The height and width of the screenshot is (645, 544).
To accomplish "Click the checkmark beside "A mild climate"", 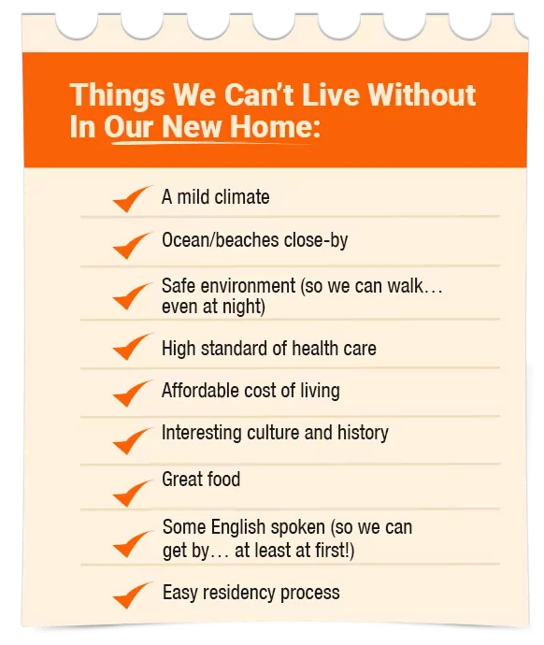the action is [x=130, y=200].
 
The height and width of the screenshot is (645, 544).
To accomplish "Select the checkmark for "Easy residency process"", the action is [x=130, y=596].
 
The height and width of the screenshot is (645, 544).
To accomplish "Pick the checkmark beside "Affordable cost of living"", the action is [x=130, y=394].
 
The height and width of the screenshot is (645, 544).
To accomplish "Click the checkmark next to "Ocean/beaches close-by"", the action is [x=130, y=247].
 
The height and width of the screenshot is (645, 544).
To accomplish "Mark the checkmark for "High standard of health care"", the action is [x=130, y=348].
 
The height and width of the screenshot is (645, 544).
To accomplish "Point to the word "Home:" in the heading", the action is [x=275, y=126].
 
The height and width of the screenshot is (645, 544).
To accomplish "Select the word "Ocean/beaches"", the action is [x=221, y=240].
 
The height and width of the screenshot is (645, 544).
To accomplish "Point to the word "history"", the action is [x=363, y=433].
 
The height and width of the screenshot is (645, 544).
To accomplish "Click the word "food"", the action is [x=223, y=480].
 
